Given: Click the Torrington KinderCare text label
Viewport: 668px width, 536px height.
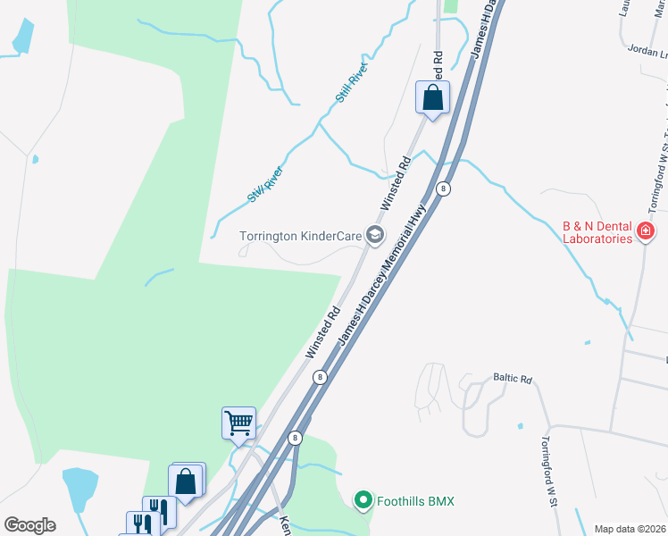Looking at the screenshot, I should pos(299,237).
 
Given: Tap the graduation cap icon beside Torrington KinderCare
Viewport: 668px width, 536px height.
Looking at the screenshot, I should pos(375,236).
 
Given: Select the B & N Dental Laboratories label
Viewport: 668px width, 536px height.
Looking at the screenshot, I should pos(597,233).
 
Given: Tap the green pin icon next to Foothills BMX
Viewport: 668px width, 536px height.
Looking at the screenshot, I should pos(363,500).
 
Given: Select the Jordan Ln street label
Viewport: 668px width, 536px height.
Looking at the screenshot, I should pos(647,51).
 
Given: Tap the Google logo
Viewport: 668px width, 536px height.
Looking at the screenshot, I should pos(29,524).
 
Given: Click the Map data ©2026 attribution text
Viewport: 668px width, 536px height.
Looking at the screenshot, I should pos(630,529).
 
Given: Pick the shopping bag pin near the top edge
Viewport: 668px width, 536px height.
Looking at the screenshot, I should pos(432,97).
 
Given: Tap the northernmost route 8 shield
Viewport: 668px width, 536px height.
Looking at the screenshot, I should pos(442,188).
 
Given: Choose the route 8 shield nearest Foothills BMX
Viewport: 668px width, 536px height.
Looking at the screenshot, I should pos(295,438).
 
